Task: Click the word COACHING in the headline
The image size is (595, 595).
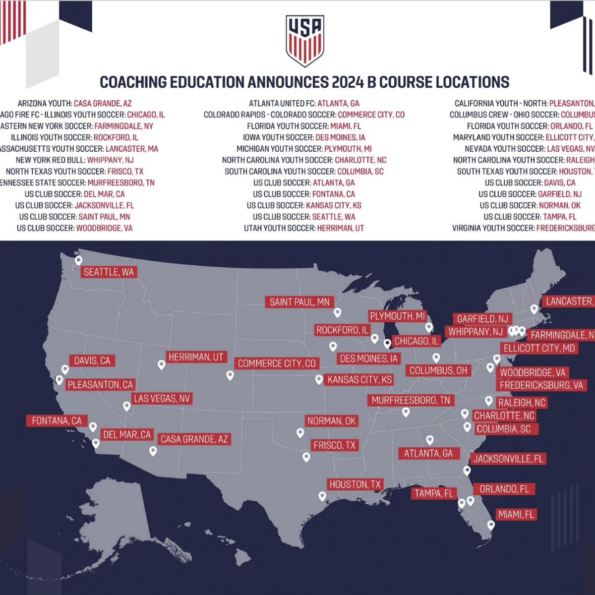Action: point(133,82)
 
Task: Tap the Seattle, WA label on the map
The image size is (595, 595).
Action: point(109,272)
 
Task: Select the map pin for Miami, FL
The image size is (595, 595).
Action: point(491,525)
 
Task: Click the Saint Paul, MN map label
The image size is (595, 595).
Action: point(299,302)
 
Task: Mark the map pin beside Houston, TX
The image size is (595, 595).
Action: point(322,496)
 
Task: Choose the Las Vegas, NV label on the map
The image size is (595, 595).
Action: point(162,399)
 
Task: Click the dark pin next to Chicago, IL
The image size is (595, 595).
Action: point(387,343)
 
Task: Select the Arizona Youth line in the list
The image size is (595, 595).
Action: point(74,104)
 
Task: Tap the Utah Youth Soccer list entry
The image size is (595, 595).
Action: point(304,228)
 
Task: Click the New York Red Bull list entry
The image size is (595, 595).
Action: point(74,160)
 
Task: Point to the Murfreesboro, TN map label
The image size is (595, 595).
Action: point(411,400)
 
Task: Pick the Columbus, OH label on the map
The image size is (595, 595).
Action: point(438,370)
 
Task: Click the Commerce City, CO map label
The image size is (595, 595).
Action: point(277,363)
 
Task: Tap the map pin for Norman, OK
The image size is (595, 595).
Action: point(300,433)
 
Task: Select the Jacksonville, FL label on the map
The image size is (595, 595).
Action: point(508,459)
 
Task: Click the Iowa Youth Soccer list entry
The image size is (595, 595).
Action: point(304,137)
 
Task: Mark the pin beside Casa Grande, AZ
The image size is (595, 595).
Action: point(153,451)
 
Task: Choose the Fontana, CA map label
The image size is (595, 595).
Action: point(57,421)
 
